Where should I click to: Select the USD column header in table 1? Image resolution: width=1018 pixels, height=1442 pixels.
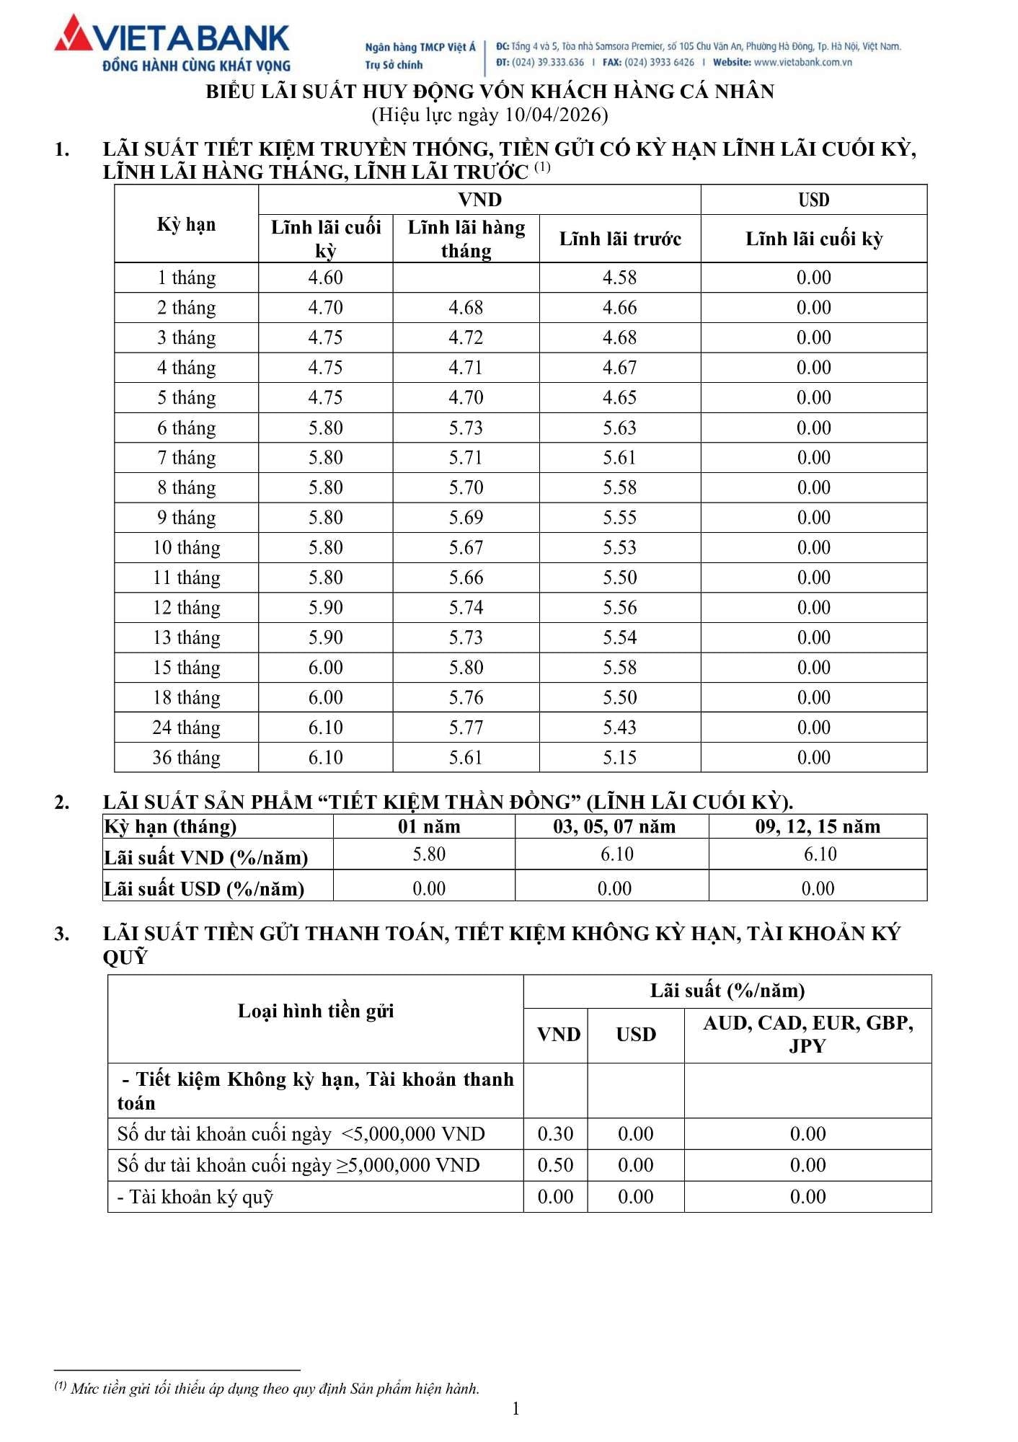click(x=813, y=200)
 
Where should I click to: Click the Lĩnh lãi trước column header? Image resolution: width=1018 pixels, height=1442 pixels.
click(x=620, y=239)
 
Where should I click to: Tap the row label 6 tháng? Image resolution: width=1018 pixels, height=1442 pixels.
click(x=186, y=428)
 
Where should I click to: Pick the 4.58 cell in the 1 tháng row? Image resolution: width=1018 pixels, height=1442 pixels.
click(x=619, y=278)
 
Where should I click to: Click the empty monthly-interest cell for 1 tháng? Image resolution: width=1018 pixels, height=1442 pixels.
click(x=466, y=278)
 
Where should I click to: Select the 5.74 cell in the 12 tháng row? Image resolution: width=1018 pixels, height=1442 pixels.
click(x=466, y=608)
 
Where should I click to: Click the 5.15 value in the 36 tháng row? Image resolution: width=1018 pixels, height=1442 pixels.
click(x=619, y=758)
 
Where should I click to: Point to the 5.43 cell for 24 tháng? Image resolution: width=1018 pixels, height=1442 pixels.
click(x=619, y=727)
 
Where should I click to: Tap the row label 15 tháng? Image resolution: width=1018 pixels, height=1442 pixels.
click(x=186, y=668)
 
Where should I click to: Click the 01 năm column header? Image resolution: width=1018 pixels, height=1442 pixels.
click(x=428, y=826)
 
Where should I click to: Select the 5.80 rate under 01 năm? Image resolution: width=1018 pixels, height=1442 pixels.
click(x=428, y=854)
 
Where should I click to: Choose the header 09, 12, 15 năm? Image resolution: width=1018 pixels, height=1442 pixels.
click(x=818, y=826)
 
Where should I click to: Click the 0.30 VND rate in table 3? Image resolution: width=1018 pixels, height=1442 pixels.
click(x=555, y=1134)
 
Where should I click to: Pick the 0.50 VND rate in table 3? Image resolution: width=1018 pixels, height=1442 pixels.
click(x=555, y=1165)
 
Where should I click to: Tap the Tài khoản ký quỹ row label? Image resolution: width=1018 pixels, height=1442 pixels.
click(x=195, y=1197)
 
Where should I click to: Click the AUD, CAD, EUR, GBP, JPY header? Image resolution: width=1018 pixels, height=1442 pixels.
click(x=807, y=1034)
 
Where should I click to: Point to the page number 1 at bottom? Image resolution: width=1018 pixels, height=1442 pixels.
click(x=515, y=1409)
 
